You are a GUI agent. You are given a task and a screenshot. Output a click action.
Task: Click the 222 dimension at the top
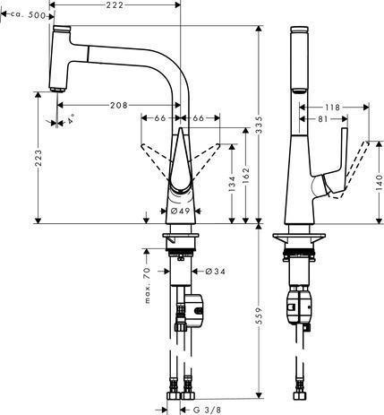(x=115, y=5)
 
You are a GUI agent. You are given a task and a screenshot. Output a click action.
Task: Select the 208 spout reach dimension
(x=119, y=105)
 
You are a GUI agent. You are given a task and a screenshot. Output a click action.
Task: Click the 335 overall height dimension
(x=260, y=125)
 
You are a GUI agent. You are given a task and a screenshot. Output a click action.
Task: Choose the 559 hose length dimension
(x=260, y=316)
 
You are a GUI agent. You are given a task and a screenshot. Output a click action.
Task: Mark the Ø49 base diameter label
(x=180, y=211)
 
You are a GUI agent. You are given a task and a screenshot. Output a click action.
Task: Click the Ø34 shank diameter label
(x=216, y=272)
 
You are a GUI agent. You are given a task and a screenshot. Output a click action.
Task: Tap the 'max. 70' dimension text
(x=147, y=286)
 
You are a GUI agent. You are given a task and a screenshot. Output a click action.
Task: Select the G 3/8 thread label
(x=207, y=410)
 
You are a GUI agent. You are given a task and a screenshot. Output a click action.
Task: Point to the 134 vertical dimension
(x=232, y=184)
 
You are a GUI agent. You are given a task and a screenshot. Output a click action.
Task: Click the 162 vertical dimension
(x=245, y=176)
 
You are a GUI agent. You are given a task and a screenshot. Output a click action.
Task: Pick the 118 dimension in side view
(x=332, y=108)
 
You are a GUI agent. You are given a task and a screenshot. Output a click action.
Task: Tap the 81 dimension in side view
(x=323, y=119)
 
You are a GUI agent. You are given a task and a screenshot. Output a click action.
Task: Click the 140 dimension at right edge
(x=379, y=183)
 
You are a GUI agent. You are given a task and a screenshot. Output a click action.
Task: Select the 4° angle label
(x=71, y=121)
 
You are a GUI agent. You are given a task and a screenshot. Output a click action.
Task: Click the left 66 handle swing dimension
(x=160, y=118)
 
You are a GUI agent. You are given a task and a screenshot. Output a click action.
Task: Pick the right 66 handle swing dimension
(x=198, y=118)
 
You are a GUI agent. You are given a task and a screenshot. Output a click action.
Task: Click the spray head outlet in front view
(x=56, y=90)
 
